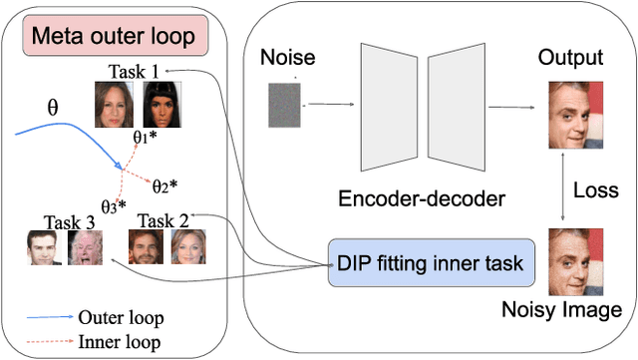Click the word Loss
click(594, 189)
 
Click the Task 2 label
click(162, 219)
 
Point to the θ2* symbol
click(164, 184)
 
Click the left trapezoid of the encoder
click(387, 104)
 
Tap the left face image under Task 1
click(115, 103)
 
